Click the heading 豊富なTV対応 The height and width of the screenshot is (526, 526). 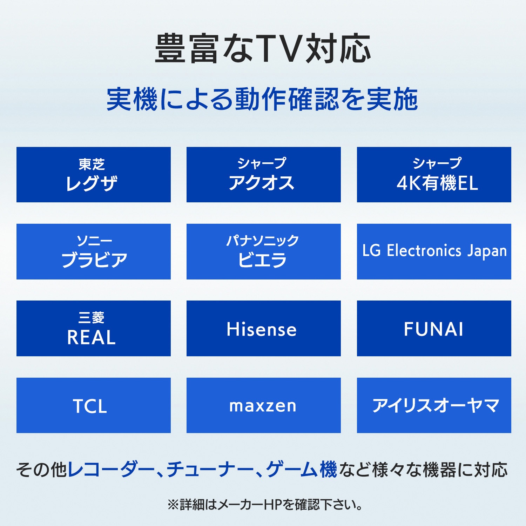(263, 49)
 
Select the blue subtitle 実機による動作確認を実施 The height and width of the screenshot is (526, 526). (262, 100)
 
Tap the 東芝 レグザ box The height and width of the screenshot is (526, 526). (93, 175)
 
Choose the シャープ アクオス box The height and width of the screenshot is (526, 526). (263, 175)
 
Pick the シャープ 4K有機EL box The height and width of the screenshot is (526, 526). (434, 175)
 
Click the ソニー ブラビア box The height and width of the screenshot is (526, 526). (93, 251)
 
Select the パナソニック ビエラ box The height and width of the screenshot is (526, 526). (263, 251)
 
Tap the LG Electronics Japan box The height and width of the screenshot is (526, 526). (434, 251)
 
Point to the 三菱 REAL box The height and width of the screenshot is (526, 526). (93, 328)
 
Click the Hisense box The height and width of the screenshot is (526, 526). (263, 328)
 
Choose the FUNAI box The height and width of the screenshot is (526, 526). (434, 328)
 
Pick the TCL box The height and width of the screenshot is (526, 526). (93, 405)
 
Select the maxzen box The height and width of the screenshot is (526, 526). (263, 405)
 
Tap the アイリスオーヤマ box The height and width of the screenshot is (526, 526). (434, 405)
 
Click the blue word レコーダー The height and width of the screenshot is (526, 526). (111, 470)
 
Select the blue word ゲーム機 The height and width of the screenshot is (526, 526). (301, 470)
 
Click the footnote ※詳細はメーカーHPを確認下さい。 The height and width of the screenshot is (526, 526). (265, 505)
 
